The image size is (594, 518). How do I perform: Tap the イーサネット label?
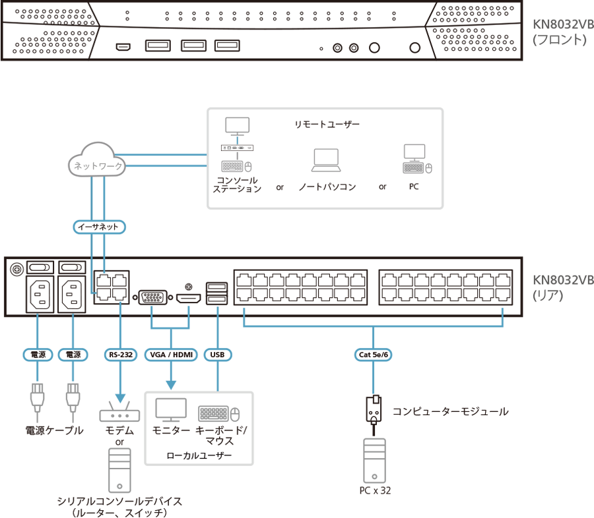click(x=98, y=227)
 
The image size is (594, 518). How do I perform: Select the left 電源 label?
click(x=38, y=355)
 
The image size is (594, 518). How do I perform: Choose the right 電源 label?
click(x=73, y=355)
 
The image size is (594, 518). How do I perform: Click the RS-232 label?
click(x=120, y=355)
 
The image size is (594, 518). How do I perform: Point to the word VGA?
click(x=157, y=355)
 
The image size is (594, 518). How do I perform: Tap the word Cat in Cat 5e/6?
click(x=365, y=355)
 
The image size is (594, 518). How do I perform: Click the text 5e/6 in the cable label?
click(x=381, y=355)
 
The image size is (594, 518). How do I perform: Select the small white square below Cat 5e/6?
click(x=376, y=399)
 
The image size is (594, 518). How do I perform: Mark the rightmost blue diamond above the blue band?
click(x=503, y=310)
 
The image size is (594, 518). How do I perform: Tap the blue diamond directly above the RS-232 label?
click(x=121, y=308)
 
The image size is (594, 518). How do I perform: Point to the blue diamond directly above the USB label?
click(x=218, y=309)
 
